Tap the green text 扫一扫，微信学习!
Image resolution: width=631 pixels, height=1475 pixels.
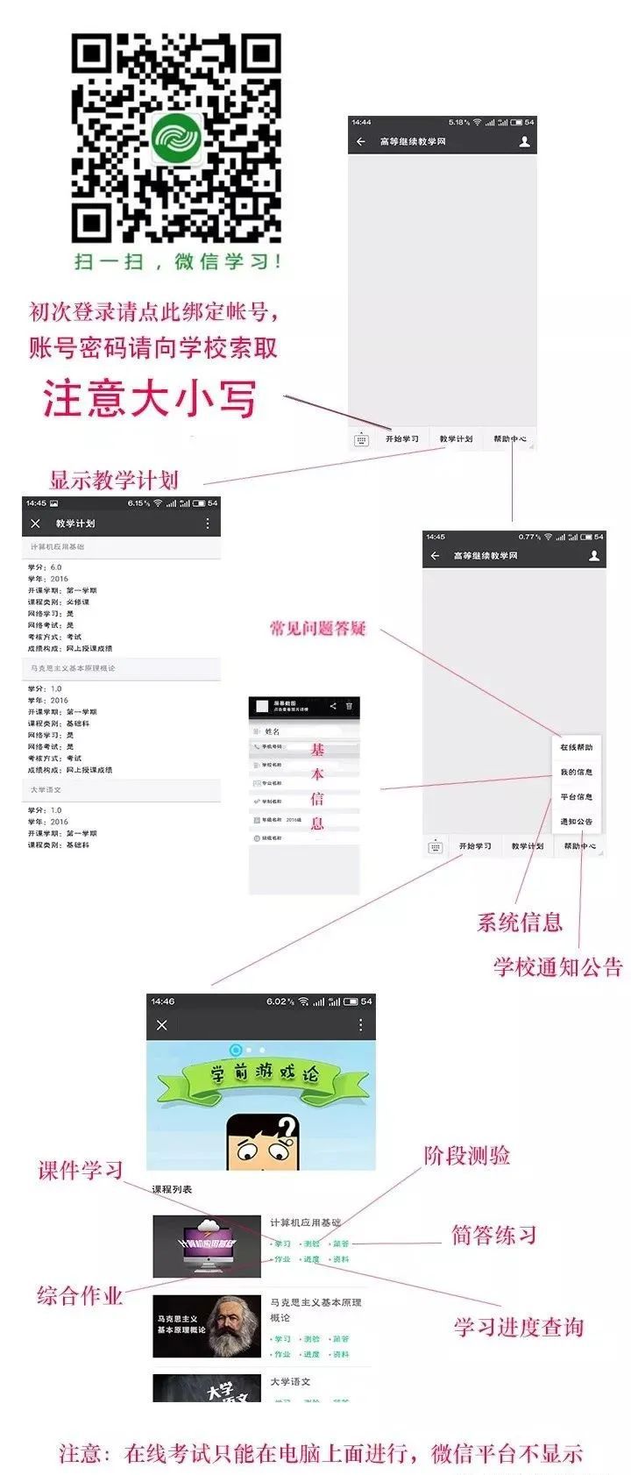(178, 260)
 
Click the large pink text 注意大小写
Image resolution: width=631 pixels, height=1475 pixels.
(150, 398)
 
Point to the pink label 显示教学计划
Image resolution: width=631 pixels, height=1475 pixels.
(114, 480)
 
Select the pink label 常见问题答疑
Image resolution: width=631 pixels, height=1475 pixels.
(317, 628)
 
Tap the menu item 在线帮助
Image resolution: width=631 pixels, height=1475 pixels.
(576, 747)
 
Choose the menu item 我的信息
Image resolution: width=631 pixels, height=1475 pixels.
(576, 772)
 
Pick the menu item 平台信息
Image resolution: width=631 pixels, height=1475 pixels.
(576, 796)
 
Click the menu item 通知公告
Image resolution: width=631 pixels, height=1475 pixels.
(576, 822)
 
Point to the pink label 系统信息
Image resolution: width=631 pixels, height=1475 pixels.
(519, 922)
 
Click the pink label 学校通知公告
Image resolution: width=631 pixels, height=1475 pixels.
(557, 966)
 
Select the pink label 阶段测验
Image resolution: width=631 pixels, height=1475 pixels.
(466, 1155)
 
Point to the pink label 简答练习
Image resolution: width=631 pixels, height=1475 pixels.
(493, 1235)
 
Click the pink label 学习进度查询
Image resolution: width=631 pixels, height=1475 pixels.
(518, 1327)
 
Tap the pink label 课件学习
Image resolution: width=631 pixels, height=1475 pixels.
(81, 1170)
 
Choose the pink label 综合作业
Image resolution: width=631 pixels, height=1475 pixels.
(80, 1295)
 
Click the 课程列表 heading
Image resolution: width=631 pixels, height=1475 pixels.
(172, 1189)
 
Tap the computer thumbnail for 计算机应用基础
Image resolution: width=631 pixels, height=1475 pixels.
(207, 1245)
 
